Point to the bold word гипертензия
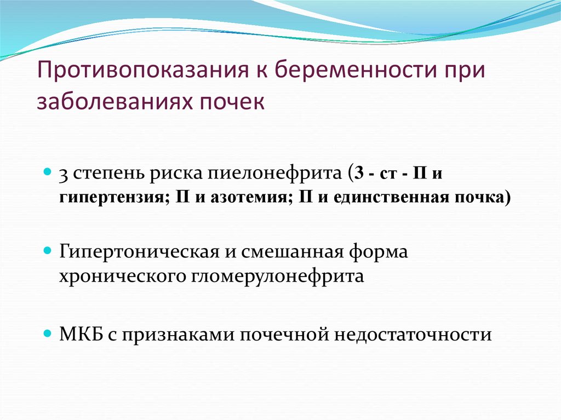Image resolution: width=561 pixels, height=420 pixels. click(113, 198)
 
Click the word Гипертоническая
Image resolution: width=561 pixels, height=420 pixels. click(139, 251)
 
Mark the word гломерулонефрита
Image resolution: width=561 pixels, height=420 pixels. click(277, 276)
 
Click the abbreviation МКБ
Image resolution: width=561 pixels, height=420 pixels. click(81, 335)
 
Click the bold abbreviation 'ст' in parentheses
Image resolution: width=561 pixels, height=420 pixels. click(388, 174)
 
